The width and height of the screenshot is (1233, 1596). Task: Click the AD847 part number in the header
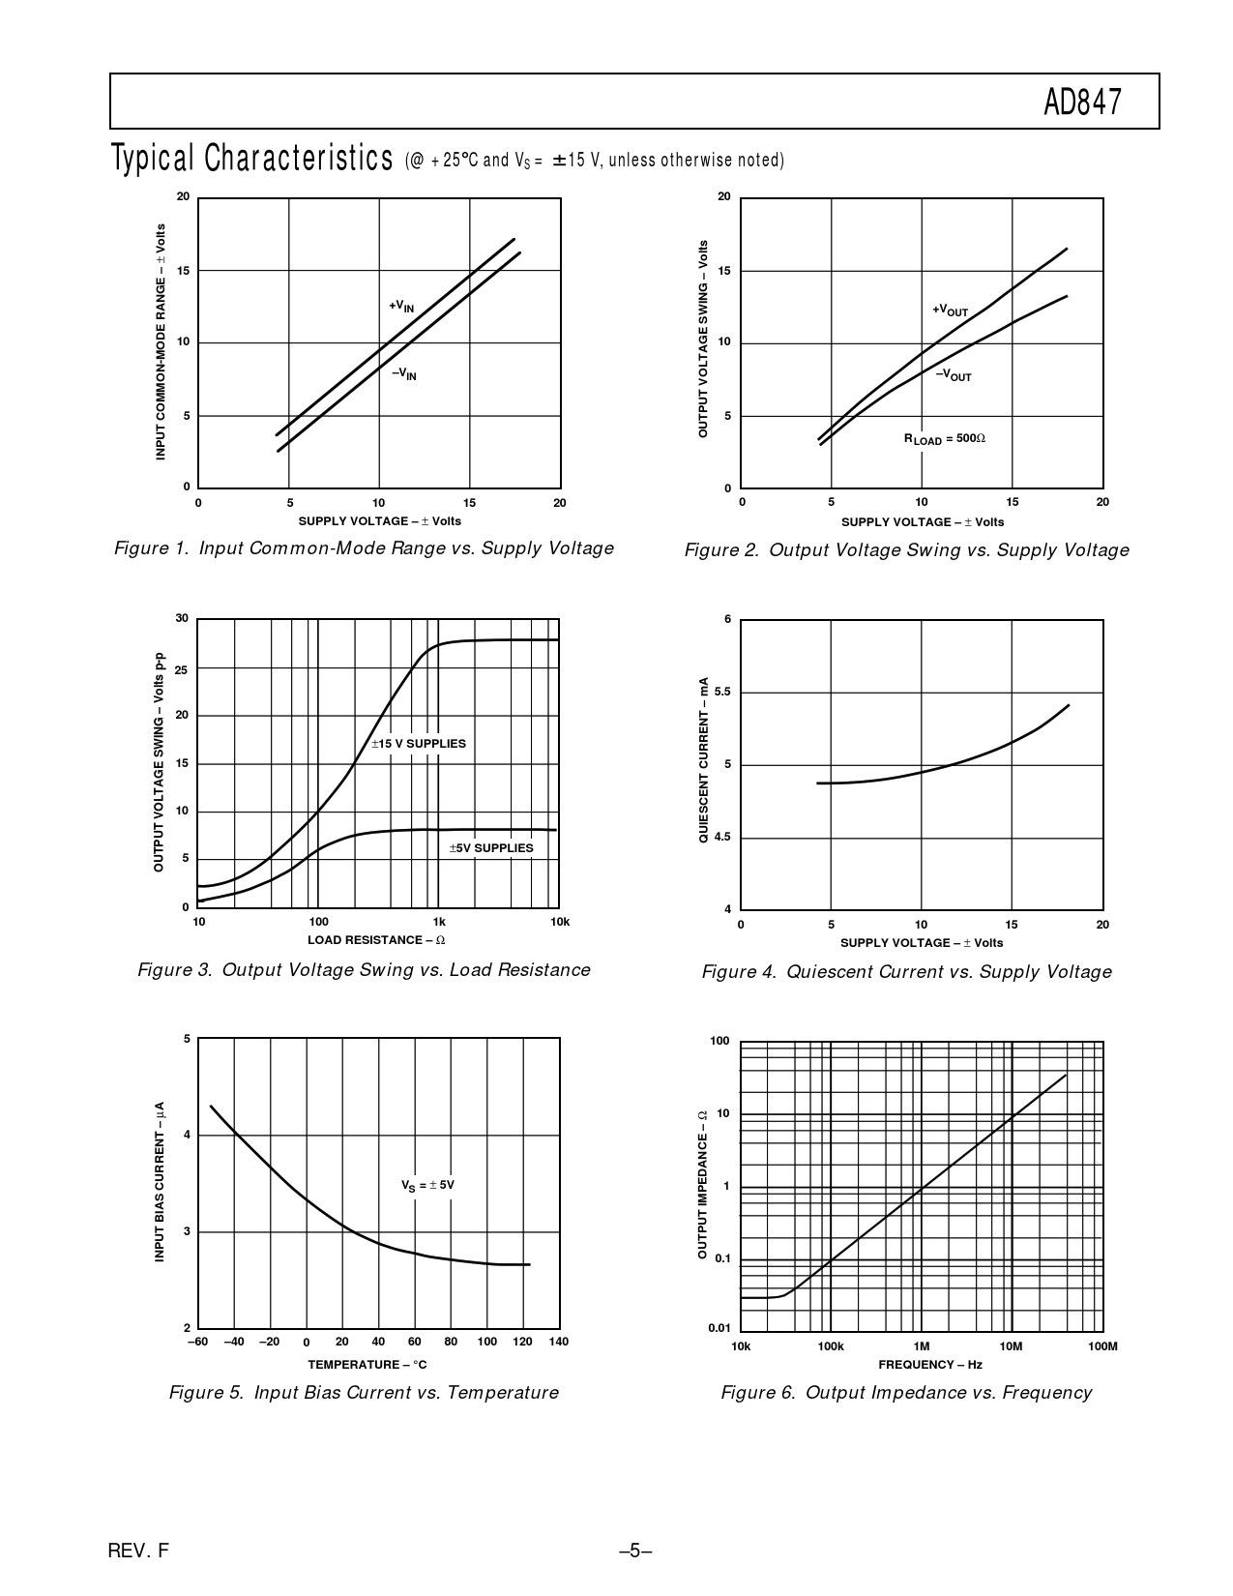point(1082,103)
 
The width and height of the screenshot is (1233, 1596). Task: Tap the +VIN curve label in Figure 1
point(401,307)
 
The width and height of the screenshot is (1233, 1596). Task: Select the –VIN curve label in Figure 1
point(404,373)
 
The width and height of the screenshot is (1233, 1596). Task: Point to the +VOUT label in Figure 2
point(950,310)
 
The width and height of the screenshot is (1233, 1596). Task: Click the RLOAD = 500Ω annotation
point(944,439)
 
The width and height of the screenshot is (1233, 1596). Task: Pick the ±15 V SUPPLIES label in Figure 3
point(419,744)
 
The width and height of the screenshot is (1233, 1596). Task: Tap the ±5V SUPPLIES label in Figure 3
point(491,848)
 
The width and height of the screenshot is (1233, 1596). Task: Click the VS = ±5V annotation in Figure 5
point(427,1185)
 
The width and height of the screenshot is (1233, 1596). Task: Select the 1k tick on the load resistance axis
point(439,922)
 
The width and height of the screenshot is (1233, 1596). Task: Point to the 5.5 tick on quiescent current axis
point(722,693)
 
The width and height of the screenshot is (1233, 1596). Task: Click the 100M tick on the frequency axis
point(1101,1346)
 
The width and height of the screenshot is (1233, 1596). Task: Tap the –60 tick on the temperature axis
point(197,1342)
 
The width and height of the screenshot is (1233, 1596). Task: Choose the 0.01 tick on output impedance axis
point(719,1328)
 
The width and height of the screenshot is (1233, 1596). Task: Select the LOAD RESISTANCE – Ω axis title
point(376,940)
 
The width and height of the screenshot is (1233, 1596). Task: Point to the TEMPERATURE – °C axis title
point(367,1365)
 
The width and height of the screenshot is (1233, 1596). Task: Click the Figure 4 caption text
point(906,972)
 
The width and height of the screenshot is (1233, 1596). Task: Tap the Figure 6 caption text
point(906,1393)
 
